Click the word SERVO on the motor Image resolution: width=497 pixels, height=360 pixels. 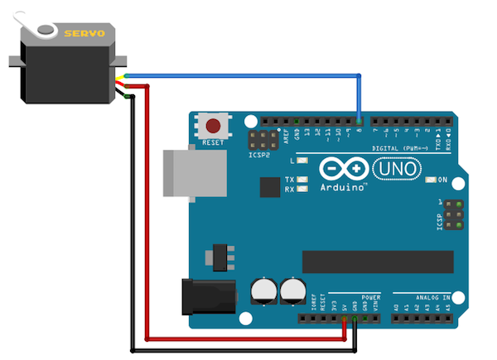pos(84,33)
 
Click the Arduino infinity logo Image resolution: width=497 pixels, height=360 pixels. pos(343,169)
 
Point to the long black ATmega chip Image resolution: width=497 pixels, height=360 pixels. pos(377,261)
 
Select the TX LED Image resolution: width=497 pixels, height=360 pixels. pos(303,180)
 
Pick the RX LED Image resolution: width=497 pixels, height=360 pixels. pos(303,190)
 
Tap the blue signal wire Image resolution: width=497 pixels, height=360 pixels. pos(248,74)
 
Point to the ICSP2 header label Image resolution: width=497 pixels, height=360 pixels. pos(258,153)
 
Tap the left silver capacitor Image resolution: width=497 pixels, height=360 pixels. pos(263,290)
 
